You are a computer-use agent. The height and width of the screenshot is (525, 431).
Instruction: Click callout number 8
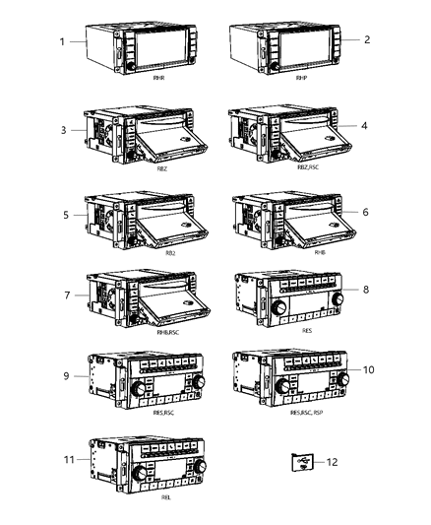click(x=366, y=290)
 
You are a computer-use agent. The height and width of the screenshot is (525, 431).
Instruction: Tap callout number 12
click(x=332, y=461)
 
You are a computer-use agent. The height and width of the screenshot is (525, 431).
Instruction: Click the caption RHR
click(x=158, y=76)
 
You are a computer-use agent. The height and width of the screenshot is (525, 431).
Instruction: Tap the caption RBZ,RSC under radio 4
click(x=295, y=168)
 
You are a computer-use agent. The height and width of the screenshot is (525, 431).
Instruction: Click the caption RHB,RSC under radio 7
click(x=152, y=334)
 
